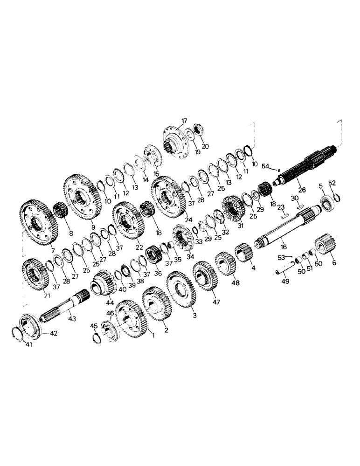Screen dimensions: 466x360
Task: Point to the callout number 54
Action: coord(265,165)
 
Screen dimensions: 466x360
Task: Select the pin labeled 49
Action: coord(281,269)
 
